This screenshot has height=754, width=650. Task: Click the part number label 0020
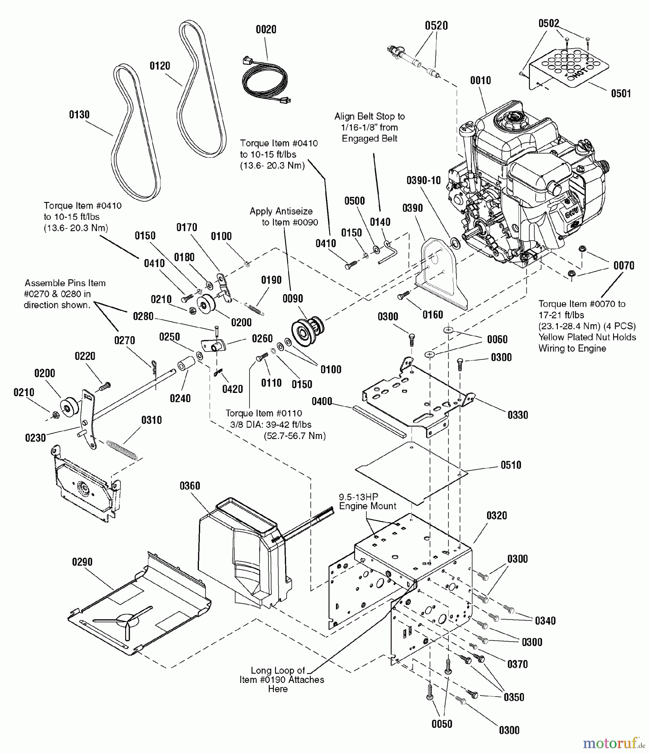(266, 29)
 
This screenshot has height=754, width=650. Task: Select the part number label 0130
(79, 115)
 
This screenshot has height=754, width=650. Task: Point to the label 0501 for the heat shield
(621, 93)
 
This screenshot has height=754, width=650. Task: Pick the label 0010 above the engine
(480, 80)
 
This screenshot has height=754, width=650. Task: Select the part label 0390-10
(423, 181)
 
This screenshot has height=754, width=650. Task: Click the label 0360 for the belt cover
(190, 486)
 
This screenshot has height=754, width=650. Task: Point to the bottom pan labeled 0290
(138, 603)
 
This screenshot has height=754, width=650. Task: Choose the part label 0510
(511, 465)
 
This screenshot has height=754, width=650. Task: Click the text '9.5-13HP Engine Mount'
(367, 501)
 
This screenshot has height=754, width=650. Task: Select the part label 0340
(545, 621)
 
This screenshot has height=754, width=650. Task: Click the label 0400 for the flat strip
(322, 402)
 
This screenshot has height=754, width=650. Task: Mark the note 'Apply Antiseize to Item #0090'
(283, 217)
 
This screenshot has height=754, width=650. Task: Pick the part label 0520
(436, 26)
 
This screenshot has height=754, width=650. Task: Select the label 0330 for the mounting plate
(518, 415)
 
